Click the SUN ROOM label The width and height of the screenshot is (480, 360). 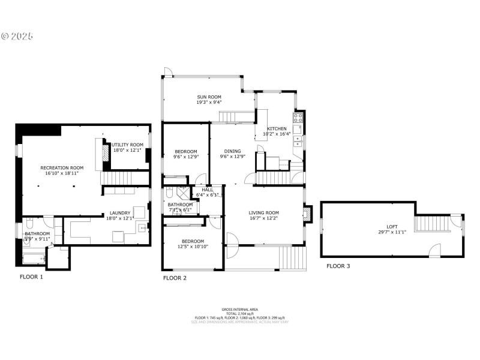tap(209, 97)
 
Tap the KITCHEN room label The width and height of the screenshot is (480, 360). tap(277, 129)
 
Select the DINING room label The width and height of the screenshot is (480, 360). tap(232, 151)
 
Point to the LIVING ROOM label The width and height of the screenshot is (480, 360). tap(265, 212)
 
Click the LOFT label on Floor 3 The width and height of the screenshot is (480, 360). tap(392, 226)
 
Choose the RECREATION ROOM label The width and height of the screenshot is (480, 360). tap(62, 167)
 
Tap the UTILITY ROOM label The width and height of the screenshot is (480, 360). tap(128, 145)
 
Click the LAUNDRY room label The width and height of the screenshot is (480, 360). tap(120, 213)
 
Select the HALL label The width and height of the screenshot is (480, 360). tap(207, 189)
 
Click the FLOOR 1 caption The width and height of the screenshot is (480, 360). tap(31, 277)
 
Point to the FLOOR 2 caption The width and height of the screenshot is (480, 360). tap(175, 278)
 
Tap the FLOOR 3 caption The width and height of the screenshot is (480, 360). tap(338, 265)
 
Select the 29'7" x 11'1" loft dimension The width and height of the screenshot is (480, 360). tap(392, 232)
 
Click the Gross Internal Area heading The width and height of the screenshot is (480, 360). tap(239, 309)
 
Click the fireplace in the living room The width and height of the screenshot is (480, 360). tap(308, 214)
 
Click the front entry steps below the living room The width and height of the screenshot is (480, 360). tap(293, 259)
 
